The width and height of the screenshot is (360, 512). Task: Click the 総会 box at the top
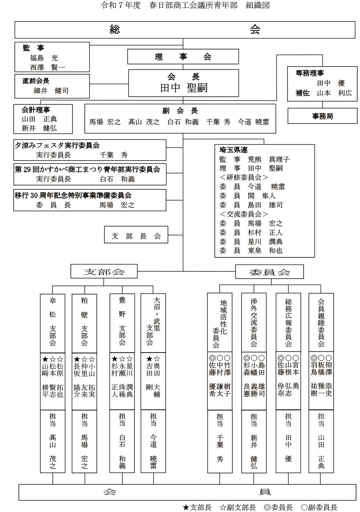tap(185, 30)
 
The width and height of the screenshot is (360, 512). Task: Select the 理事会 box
tap(183, 57)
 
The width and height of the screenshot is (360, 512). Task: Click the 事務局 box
tap(322, 116)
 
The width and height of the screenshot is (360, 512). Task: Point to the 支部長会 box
tap(136, 236)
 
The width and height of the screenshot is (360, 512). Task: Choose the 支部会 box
tap(103, 272)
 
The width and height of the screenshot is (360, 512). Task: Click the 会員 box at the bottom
tap(187, 492)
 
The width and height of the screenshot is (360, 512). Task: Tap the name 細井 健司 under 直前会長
tap(51, 91)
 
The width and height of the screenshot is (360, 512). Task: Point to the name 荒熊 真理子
tap(269, 159)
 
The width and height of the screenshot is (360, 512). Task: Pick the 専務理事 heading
tap(310, 73)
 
